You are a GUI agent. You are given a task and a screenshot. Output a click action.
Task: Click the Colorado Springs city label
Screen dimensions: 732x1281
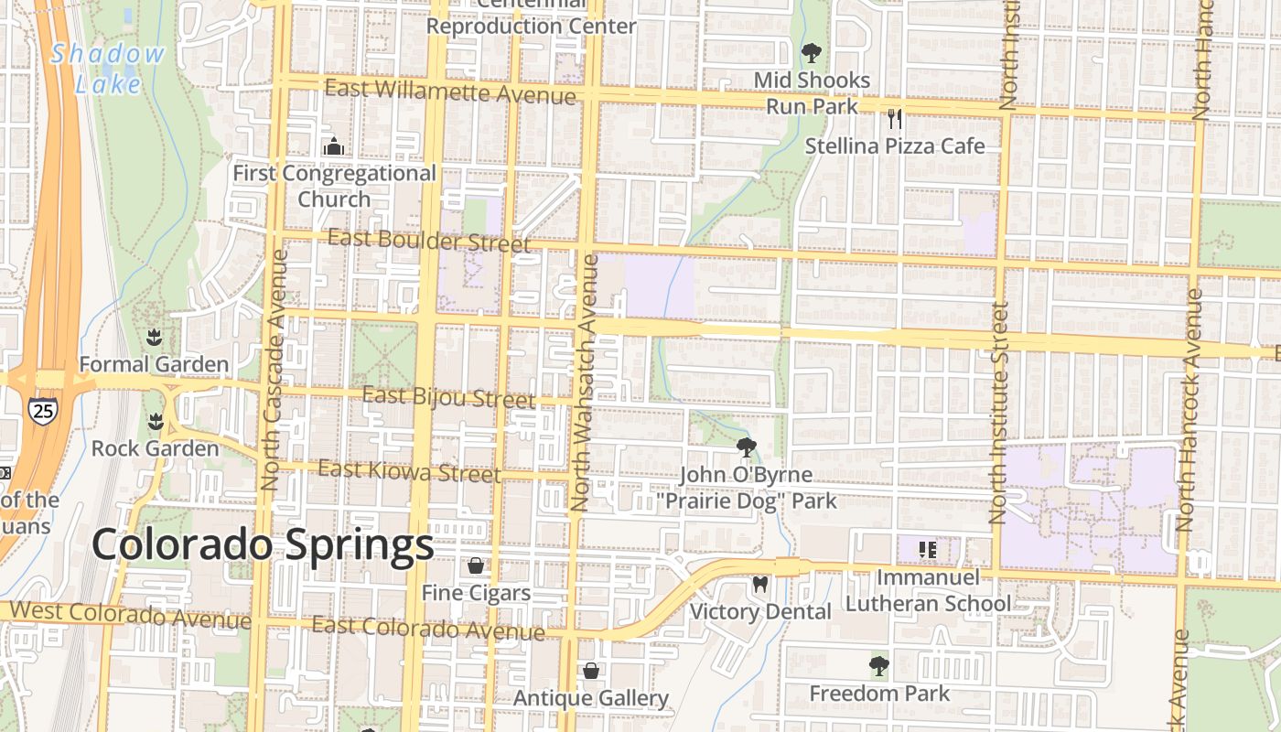[263, 545]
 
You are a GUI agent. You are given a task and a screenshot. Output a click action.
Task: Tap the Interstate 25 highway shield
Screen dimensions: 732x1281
[41, 410]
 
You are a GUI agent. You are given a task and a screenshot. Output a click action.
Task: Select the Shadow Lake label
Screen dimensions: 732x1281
[108, 69]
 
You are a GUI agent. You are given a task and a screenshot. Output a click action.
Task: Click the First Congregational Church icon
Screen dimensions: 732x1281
[333, 146]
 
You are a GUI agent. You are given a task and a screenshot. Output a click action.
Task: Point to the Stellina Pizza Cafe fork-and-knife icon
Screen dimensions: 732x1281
[895, 118]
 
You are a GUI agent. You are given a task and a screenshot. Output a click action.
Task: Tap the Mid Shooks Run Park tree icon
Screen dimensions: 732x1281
[811, 52]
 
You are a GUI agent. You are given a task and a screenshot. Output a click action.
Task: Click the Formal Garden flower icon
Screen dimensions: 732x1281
[154, 338]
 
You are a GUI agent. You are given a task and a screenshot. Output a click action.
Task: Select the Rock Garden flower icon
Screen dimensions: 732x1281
[155, 422]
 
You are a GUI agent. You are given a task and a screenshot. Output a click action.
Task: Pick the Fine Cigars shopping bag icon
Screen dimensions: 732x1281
[476, 565]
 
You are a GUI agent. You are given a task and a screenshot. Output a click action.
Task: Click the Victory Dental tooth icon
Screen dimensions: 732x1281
[759, 584]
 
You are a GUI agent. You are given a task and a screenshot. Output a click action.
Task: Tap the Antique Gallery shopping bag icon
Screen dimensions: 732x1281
[591, 672]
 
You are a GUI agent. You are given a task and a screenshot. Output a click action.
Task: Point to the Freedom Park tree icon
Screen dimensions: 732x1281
[879, 666]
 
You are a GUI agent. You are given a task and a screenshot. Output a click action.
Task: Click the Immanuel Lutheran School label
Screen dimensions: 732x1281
[928, 590]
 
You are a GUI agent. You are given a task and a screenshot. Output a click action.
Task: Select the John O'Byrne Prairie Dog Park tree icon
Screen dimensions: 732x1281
[747, 447]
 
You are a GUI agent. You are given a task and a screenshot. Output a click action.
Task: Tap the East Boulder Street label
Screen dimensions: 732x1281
[428, 241]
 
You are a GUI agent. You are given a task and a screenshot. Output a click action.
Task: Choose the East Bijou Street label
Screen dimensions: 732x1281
[448, 397]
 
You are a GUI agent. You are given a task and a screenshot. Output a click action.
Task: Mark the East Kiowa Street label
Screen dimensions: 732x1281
[409, 471]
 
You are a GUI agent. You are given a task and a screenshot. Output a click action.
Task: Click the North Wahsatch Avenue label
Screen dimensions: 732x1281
[585, 382]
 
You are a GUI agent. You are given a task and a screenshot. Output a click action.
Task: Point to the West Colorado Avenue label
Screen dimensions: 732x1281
[130, 614]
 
